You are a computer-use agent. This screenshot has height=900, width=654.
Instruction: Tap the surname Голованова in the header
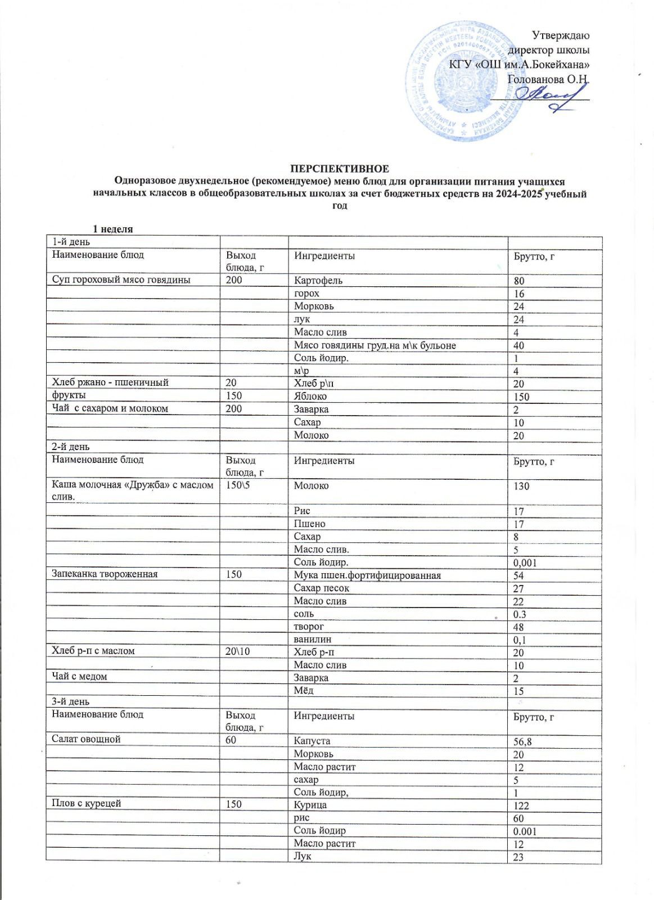534,79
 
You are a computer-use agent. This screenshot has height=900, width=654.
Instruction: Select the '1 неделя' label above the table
112,229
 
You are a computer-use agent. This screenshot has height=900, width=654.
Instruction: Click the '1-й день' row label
71,242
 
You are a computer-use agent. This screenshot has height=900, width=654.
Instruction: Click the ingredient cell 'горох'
306,293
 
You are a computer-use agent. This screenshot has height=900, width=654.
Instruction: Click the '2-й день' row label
71,447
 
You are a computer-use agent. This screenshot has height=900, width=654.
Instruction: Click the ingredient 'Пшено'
309,524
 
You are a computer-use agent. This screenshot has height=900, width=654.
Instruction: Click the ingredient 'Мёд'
304,690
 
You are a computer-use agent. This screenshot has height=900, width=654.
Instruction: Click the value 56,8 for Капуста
522,741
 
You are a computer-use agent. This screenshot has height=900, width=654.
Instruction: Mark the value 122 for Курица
521,805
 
